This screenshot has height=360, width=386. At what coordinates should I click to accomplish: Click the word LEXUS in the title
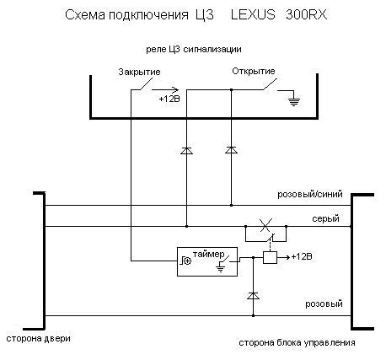coord(253,14)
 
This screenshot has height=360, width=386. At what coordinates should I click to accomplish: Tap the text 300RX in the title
coord(307,14)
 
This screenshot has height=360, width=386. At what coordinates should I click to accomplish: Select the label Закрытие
coord(139,72)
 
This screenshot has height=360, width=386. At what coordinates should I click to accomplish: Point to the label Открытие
coord(254,71)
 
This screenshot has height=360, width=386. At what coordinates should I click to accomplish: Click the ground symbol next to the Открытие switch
coord(294,100)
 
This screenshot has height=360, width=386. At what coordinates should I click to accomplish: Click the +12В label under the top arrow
coord(169,99)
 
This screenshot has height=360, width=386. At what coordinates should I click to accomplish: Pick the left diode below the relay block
coord(186,151)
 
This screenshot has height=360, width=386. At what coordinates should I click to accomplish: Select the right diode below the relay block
coord(231,150)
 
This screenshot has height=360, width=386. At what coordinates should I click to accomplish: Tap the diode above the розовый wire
coord(253,296)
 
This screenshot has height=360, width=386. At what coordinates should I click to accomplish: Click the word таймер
coord(209,255)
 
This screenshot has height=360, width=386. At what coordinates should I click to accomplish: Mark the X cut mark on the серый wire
coord(265,224)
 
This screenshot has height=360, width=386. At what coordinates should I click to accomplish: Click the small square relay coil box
coord(270,257)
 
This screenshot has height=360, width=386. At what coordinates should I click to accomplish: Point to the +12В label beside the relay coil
coord(302,256)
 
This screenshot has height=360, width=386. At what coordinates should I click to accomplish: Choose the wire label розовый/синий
coord(310,195)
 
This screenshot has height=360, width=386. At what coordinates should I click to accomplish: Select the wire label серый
coord(325,218)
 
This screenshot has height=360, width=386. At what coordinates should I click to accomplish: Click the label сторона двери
coord(38,339)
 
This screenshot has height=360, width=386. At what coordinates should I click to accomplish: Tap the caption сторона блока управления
coord(297,343)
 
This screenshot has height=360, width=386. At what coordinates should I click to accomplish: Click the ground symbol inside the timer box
coord(221,268)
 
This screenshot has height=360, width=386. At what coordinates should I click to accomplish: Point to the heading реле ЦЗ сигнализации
coord(194,50)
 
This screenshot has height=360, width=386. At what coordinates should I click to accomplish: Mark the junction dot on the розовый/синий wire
coord(231,206)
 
